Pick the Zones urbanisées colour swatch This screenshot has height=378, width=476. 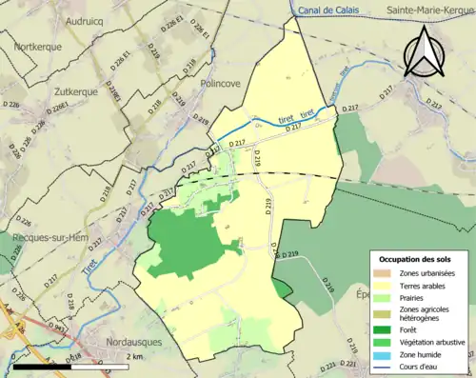[381, 274]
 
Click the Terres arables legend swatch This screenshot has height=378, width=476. [381, 286]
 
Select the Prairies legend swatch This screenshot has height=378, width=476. [381, 297]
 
